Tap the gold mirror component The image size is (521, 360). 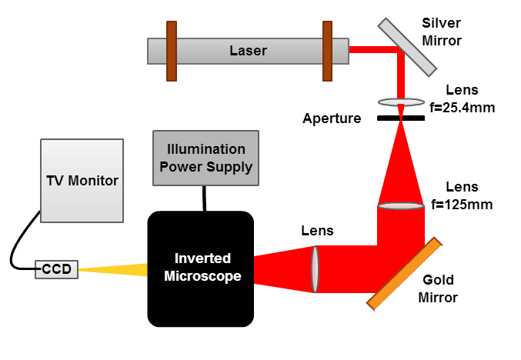pyautogui.click(x=405, y=273)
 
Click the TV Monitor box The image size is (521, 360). pyautogui.click(x=82, y=182)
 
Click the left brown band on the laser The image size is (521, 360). pyautogui.click(x=170, y=51)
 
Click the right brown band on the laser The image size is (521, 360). pyautogui.click(x=327, y=51)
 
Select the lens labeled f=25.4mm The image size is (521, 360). pyautogui.click(x=401, y=102)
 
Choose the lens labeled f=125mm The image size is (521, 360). pyautogui.click(x=401, y=205)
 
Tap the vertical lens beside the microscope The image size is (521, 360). pyautogui.click(x=314, y=268)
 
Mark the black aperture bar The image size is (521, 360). pyautogui.click(x=401, y=118)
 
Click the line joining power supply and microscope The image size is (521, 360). pyautogui.click(x=203, y=198)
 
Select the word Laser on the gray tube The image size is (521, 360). pyautogui.click(x=248, y=52)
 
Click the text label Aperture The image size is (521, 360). pyautogui.click(x=332, y=118)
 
